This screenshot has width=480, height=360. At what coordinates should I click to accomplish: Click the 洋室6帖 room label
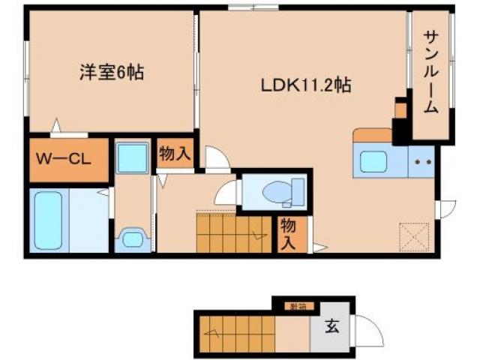112,73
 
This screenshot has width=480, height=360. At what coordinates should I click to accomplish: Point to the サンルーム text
430,72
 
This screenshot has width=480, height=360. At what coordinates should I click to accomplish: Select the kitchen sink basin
373,161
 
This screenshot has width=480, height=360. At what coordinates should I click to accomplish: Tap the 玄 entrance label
330,327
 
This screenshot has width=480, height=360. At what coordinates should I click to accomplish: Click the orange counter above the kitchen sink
372,135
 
